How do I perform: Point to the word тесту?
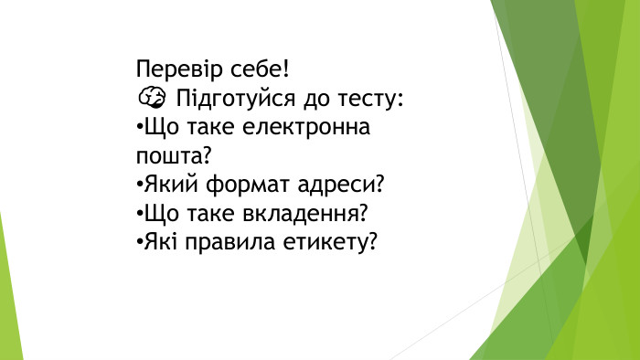click(368, 98)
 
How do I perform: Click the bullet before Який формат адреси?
click(138, 185)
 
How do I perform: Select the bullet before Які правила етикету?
click(138, 244)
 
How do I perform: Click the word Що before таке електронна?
click(157, 127)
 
